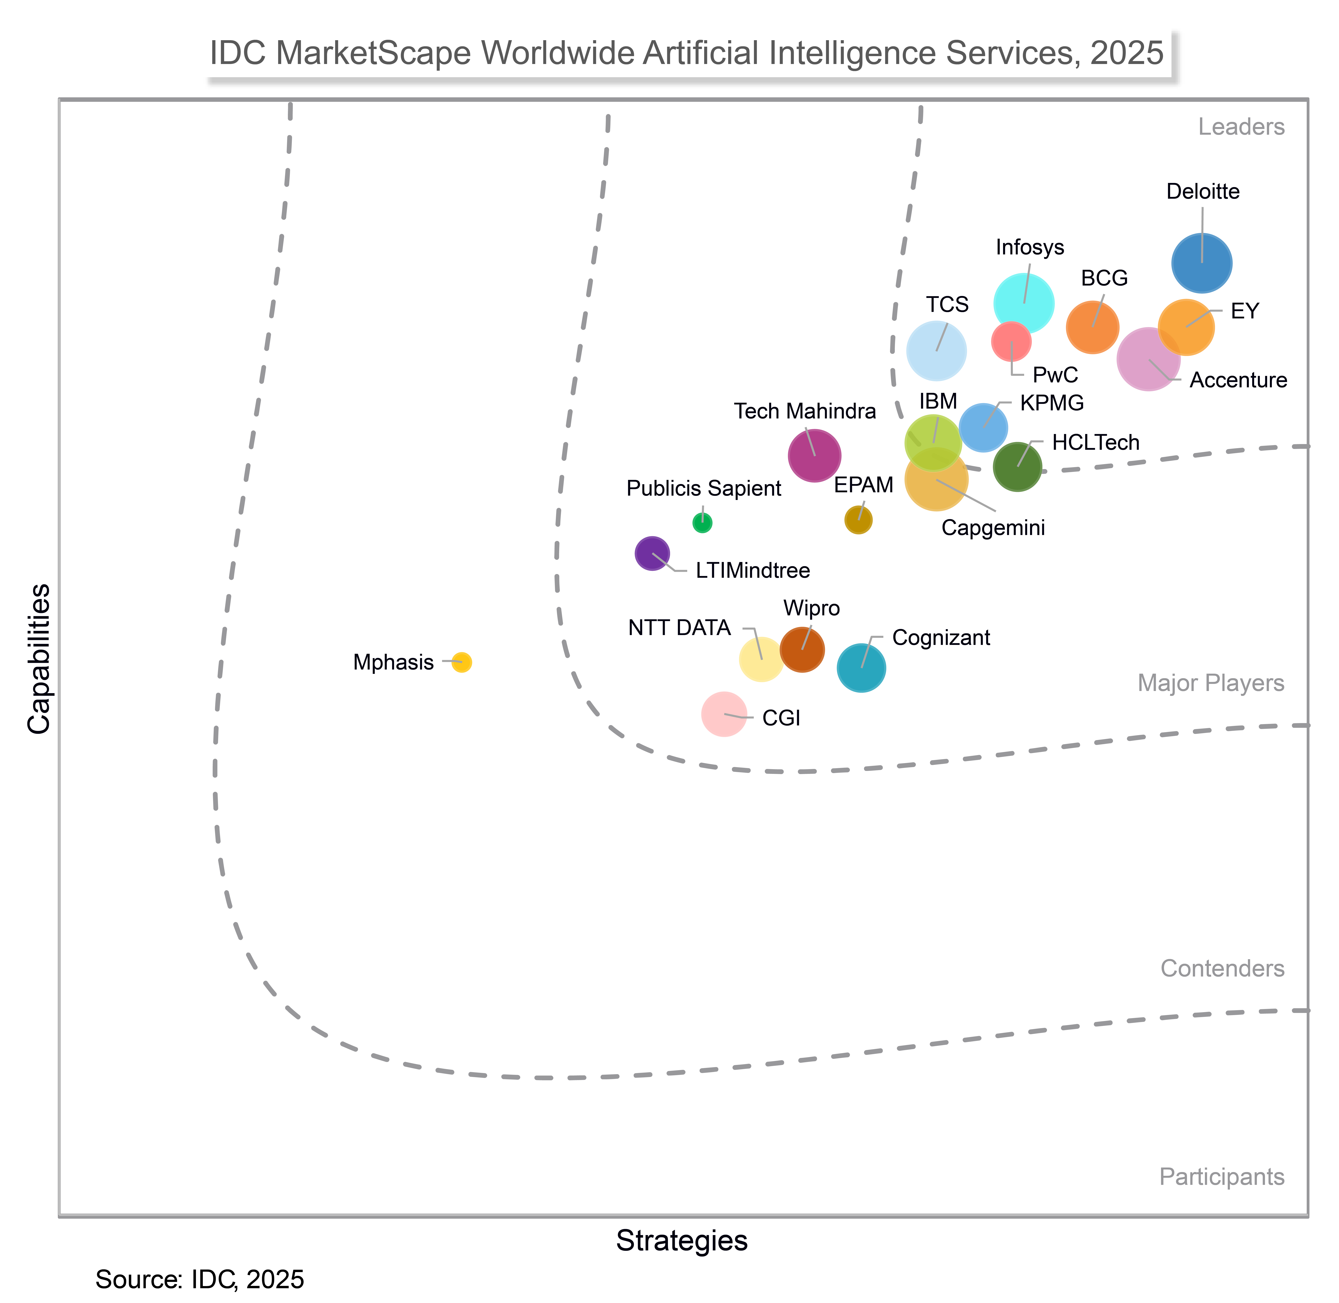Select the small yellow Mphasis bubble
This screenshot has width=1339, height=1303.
click(x=462, y=662)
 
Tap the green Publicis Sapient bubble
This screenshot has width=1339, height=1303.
click(x=702, y=523)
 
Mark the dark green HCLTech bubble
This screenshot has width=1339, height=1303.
click(x=1017, y=467)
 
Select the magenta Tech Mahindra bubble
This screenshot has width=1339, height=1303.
click(x=814, y=455)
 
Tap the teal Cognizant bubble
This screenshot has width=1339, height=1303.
click(x=861, y=668)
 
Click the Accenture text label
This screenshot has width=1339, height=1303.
click(x=1238, y=380)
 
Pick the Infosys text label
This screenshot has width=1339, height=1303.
click(x=1030, y=247)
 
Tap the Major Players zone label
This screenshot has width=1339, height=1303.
click(x=1210, y=683)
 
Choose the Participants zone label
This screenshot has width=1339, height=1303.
click(x=1221, y=1177)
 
